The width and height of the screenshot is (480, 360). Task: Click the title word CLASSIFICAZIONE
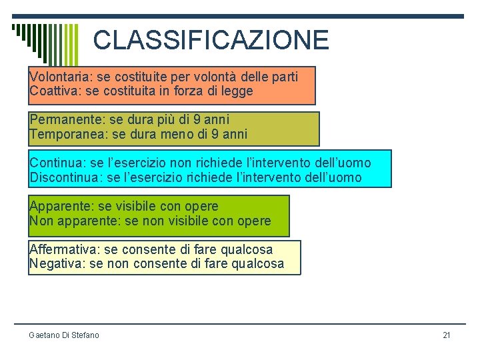[211, 40]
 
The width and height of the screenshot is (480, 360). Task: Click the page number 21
[447, 335]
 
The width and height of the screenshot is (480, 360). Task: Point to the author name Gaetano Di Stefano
[64, 335]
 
